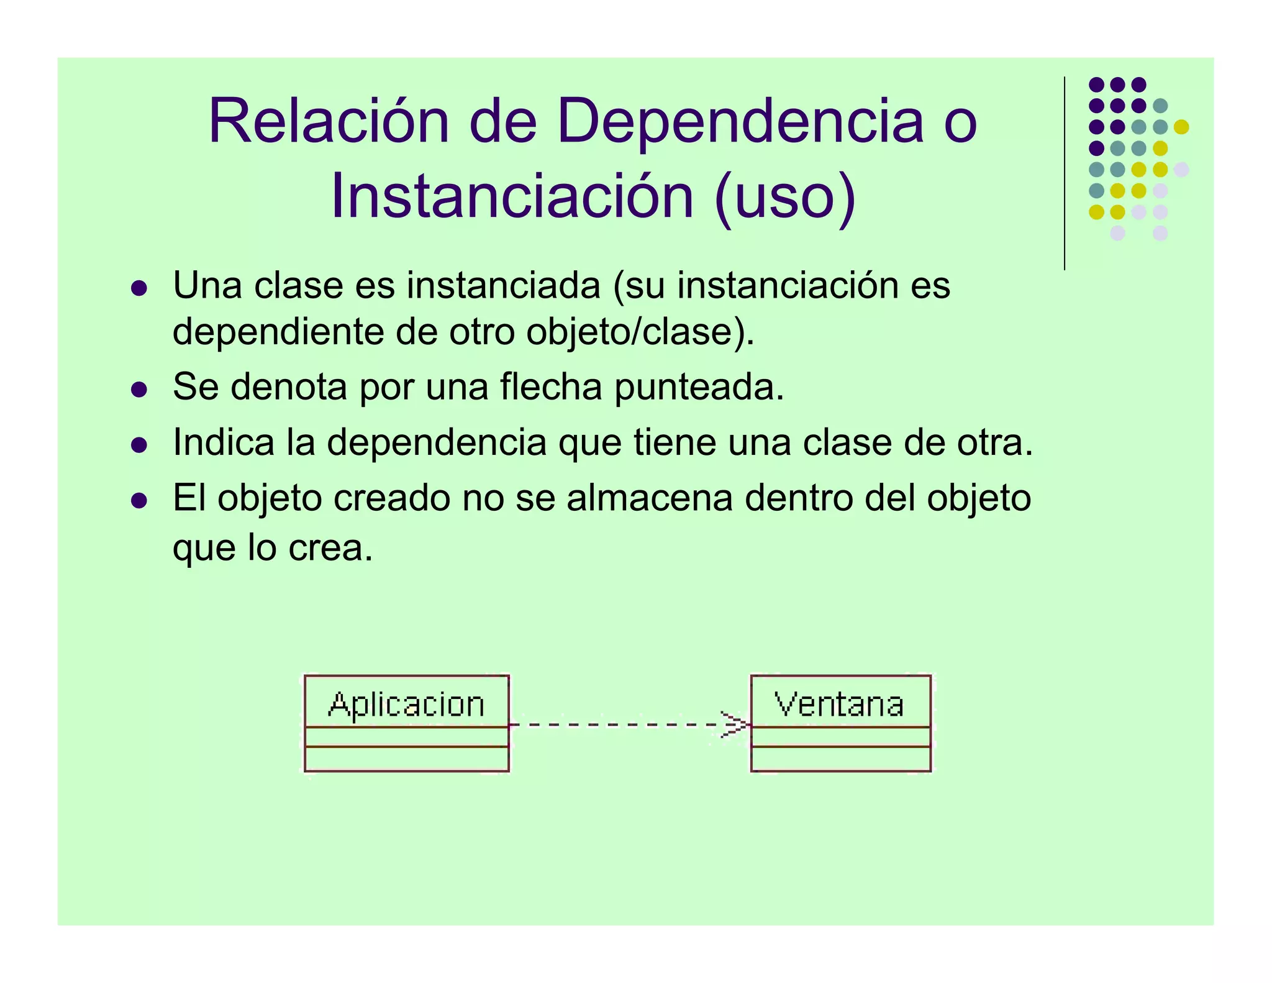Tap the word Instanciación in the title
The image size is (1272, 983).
(512, 197)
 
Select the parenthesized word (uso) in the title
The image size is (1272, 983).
(785, 197)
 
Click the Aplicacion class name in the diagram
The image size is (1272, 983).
(406, 705)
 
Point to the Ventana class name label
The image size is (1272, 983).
(840, 705)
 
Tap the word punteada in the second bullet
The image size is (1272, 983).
(699, 388)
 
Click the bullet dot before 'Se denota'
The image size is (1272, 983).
(139, 390)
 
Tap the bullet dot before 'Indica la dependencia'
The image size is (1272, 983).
(139, 445)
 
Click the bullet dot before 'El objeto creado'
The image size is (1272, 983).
(139, 500)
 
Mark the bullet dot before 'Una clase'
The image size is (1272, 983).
(139, 288)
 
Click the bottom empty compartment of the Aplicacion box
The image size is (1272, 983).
(406, 759)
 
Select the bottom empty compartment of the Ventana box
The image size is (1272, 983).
(840, 759)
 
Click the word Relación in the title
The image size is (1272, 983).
(329, 122)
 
